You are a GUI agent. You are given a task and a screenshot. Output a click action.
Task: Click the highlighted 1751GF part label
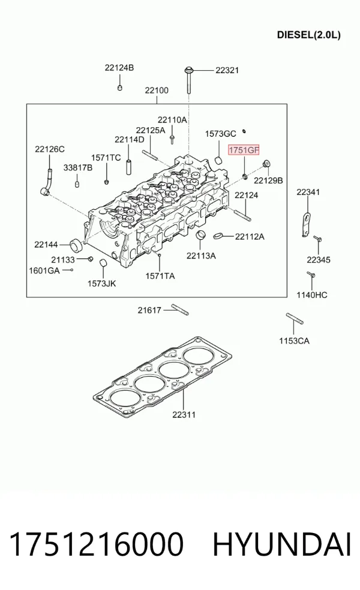pyautogui.click(x=244, y=150)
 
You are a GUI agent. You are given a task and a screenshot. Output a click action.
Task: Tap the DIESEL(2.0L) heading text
pyautogui.click(x=309, y=35)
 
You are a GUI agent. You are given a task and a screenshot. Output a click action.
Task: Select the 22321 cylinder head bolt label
pyautogui.click(x=227, y=70)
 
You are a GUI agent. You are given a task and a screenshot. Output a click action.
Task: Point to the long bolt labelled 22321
pyautogui.click(x=188, y=80)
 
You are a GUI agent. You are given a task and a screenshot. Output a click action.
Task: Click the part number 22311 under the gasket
pyautogui.click(x=184, y=415)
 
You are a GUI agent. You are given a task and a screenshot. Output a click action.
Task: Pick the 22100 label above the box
pyautogui.click(x=157, y=91)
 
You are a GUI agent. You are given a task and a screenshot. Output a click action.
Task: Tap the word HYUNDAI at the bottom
pyautogui.click(x=282, y=544)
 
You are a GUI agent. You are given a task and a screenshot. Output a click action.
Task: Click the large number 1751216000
pyautogui.click(x=97, y=544)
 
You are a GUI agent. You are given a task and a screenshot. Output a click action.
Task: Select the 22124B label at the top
pyautogui.click(x=119, y=68)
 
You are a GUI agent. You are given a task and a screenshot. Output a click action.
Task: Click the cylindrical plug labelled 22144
pyautogui.click(x=77, y=245)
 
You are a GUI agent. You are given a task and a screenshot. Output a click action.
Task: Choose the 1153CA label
pyautogui.click(x=294, y=341)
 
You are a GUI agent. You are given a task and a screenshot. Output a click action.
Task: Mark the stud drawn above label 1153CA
pyautogui.click(x=295, y=318)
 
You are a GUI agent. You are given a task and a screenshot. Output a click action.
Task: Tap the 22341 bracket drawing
pyautogui.click(x=307, y=225)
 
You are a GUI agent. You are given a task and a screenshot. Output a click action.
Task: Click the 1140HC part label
pyautogui.click(x=312, y=295)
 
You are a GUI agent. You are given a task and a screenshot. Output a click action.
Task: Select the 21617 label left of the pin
pyautogui.click(x=149, y=311)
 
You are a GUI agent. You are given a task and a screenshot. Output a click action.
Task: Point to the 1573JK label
pyautogui.click(x=101, y=284)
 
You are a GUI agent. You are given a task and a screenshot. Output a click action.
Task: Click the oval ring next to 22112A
pyautogui.click(x=218, y=236)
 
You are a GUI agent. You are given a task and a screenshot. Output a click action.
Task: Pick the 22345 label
pyautogui.click(x=318, y=260)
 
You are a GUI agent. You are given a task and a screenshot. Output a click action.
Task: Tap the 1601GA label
pyautogui.click(x=44, y=270)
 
